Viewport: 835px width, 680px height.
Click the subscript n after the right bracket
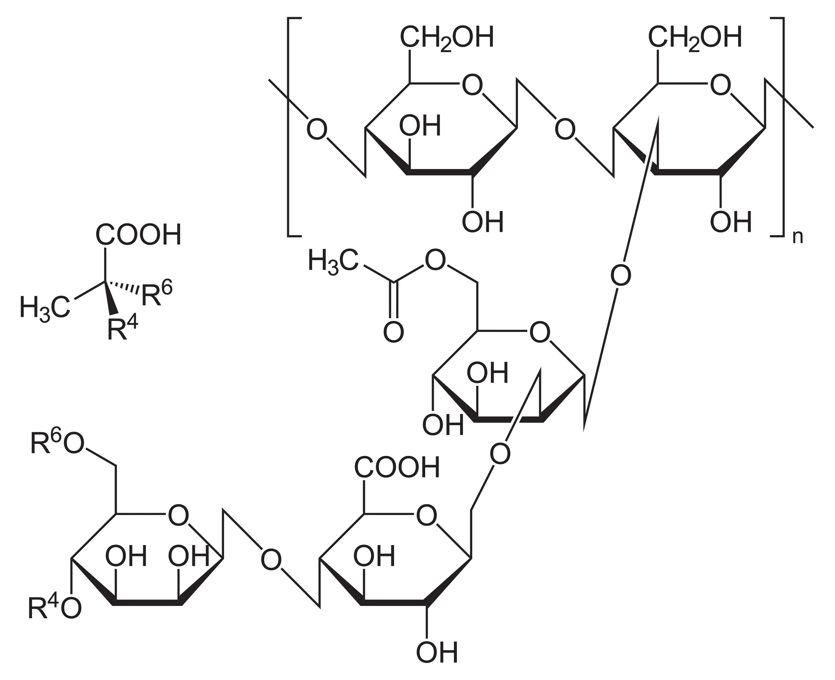click(797, 237)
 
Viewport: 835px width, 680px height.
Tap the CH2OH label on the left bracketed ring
click(447, 38)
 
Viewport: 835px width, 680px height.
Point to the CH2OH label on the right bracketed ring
click(695, 38)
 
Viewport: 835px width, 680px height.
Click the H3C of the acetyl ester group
click(333, 261)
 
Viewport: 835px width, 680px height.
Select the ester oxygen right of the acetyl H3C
click(435, 261)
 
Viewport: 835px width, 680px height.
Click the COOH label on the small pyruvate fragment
click(138, 235)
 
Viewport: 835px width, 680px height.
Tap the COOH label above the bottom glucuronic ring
click(397, 467)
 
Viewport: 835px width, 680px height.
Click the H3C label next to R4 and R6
click(45, 308)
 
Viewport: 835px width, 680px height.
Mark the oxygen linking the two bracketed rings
click(565, 130)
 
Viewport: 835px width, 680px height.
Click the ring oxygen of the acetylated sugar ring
click(540, 333)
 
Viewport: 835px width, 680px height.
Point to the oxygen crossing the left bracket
click(316, 130)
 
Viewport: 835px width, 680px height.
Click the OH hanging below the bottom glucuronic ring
click(437, 652)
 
